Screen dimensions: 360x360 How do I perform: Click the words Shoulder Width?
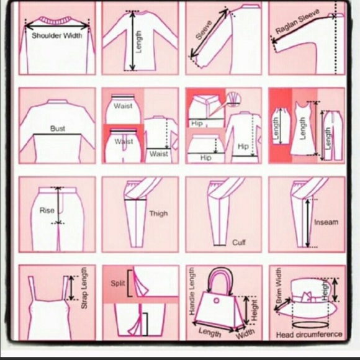56,35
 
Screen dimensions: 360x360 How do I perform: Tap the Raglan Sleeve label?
297,21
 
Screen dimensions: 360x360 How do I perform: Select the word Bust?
57,128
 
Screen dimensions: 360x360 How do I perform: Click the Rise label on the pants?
47,210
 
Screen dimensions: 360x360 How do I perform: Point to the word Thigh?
158,214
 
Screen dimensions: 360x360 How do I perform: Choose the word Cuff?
239,243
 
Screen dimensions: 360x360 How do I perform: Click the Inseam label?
326,222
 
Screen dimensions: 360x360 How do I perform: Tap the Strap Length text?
84,287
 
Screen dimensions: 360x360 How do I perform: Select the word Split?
118,283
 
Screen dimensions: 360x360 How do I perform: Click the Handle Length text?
192,291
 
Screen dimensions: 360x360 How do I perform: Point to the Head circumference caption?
309,335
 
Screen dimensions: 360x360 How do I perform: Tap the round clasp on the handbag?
216,300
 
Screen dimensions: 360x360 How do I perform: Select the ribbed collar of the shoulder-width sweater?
56,20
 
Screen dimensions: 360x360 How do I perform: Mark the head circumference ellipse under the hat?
310,325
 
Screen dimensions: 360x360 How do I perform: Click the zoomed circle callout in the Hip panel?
233,100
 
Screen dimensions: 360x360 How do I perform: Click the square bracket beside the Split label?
129,283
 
